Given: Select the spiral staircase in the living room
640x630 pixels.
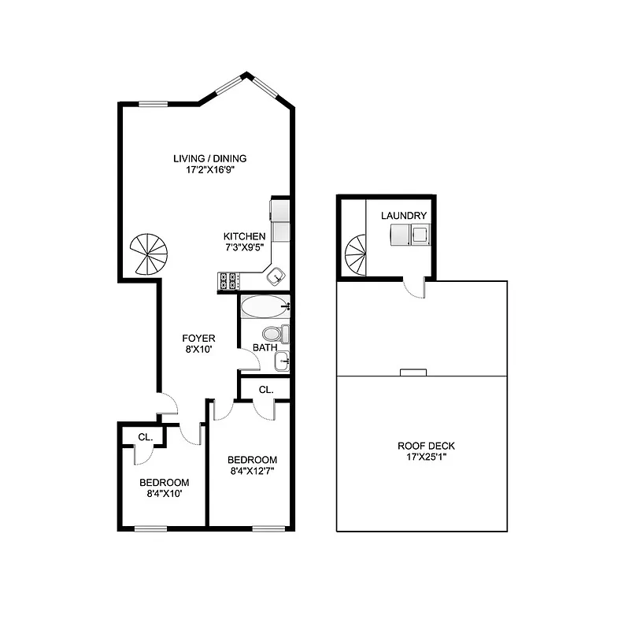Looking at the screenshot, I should (150, 254).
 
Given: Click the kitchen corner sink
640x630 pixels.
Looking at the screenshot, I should (276, 276).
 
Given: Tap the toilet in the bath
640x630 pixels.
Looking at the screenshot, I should (276, 334).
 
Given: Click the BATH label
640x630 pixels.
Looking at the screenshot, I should (264, 348).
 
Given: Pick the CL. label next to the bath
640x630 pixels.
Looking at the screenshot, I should (266, 389).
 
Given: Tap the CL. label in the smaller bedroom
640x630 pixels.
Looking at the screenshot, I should (145, 437).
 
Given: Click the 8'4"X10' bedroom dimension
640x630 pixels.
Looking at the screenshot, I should (164, 495).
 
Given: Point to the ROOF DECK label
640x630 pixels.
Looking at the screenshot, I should (426, 446).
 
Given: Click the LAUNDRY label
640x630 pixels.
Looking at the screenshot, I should (404, 216).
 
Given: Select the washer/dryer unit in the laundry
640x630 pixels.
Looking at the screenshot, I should (410, 234).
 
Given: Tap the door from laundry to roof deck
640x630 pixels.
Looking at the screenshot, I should (414, 288).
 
